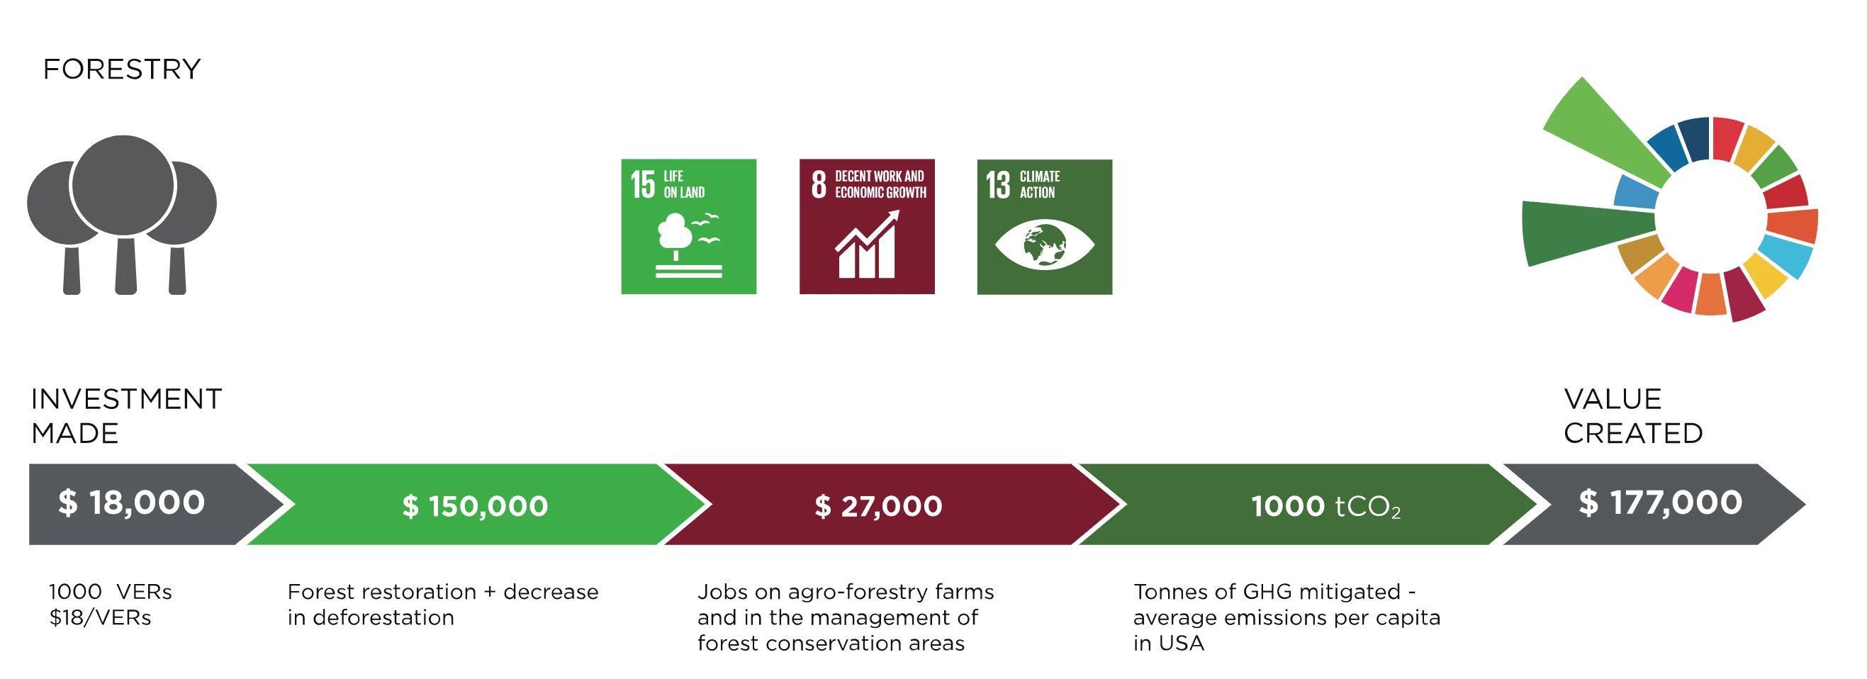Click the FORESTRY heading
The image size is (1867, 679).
(122, 69)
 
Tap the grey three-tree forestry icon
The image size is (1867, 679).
(122, 215)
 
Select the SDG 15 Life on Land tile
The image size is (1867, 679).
(688, 227)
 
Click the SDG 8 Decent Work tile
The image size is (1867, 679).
(867, 227)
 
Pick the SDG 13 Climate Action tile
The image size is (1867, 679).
(1044, 227)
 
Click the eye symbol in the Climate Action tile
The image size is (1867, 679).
(1044, 245)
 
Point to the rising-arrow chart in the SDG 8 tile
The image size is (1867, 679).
(868, 245)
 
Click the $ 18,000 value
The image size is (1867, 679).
(132, 503)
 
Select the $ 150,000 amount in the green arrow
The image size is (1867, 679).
(476, 506)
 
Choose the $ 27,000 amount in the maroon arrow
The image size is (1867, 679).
(878, 506)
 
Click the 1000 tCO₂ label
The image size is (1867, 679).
(1325, 507)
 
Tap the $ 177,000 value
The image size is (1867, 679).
(1661, 503)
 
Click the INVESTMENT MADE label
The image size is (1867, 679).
(126, 416)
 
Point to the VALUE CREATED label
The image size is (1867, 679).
(1633, 416)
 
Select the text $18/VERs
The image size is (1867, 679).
(100, 617)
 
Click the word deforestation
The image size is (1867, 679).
(383, 617)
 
